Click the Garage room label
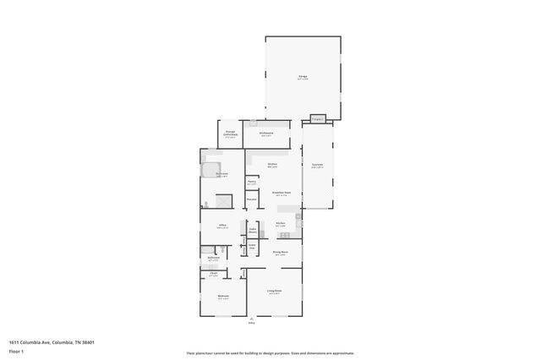303,78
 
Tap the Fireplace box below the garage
318,119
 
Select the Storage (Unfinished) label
230,133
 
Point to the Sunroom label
317,166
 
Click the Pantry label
252,183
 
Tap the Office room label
222,226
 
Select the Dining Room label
281,253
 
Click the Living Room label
274,292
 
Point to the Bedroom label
223,297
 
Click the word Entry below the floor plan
251,323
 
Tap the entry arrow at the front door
251,318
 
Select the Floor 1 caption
16,351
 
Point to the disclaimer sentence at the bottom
270,353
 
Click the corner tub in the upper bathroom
209,170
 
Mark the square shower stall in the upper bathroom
223,200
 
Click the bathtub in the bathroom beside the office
221,249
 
